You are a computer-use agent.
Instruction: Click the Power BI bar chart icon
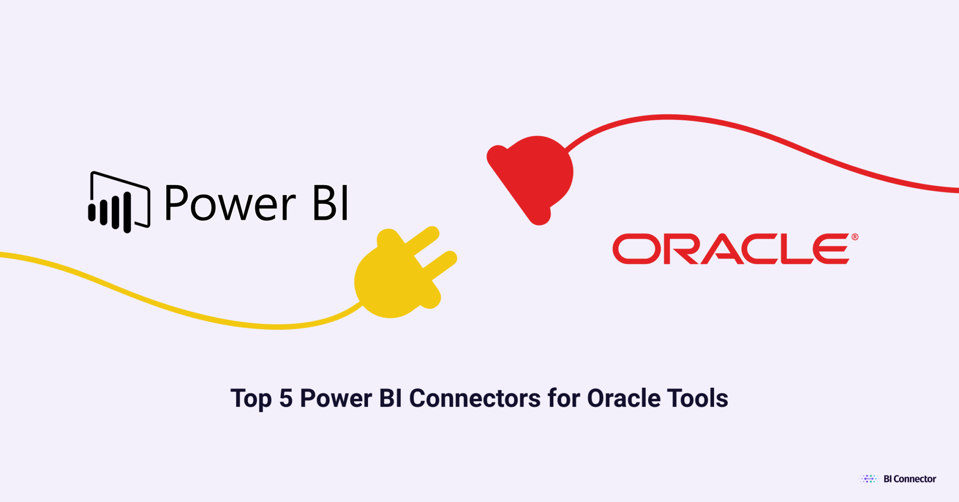(x=119, y=203)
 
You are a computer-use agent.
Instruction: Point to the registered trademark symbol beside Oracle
(x=855, y=237)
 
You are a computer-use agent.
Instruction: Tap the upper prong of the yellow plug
(x=421, y=238)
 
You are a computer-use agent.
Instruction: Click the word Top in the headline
(x=251, y=399)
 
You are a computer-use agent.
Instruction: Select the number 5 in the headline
(x=286, y=399)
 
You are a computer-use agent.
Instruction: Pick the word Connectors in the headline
(x=475, y=399)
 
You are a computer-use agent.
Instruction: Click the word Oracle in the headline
(x=624, y=399)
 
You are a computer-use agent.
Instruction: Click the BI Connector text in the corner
(x=909, y=479)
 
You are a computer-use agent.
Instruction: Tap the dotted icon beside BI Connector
(x=869, y=479)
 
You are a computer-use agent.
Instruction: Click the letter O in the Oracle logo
(x=636, y=249)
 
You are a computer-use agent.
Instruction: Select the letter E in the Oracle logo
(x=831, y=249)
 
